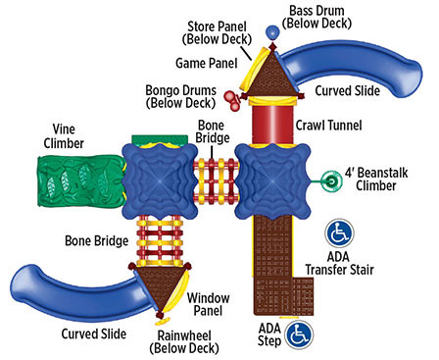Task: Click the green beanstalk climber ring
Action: [x=332, y=180]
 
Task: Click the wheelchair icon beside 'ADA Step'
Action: [x=301, y=334]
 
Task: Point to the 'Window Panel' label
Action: [x=208, y=303]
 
